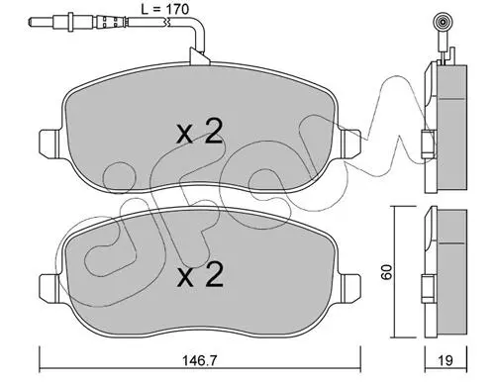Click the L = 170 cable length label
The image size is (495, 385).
coord(164,9)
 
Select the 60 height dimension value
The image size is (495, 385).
coord(386,272)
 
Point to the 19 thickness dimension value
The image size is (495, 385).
coord(445,360)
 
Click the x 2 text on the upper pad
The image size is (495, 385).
coord(200,132)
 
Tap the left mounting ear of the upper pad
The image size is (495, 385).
coord(50,144)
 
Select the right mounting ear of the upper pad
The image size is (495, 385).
coord(350,144)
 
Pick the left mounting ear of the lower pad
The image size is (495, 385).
coord(50,287)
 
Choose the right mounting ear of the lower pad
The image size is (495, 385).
coord(350,287)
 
